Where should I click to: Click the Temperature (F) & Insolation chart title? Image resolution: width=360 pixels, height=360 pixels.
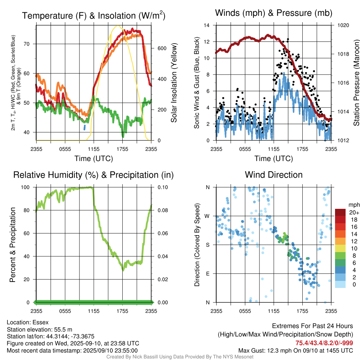click(x=94, y=15)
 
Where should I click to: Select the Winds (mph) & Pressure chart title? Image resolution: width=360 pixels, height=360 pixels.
click(x=274, y=13)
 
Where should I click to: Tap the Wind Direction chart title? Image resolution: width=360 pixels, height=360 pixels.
click(x=274, y=175)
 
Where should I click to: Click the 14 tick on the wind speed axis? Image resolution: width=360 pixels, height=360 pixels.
click(x=207, y=25)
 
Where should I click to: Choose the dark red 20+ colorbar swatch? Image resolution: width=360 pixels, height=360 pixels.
click(x=340, y=212)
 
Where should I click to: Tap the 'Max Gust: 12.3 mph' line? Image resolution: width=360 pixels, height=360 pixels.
click(x=295, y=350)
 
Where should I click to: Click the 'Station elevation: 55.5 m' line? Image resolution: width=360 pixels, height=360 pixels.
click(x=39, y=329)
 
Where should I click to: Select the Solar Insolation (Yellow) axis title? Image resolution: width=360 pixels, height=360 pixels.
click(x=173, y=83)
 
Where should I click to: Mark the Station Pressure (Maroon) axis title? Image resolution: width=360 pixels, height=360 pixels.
click(x=356, y=83)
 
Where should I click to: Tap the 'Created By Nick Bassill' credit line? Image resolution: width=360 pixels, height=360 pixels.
click(x=180, y=357)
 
